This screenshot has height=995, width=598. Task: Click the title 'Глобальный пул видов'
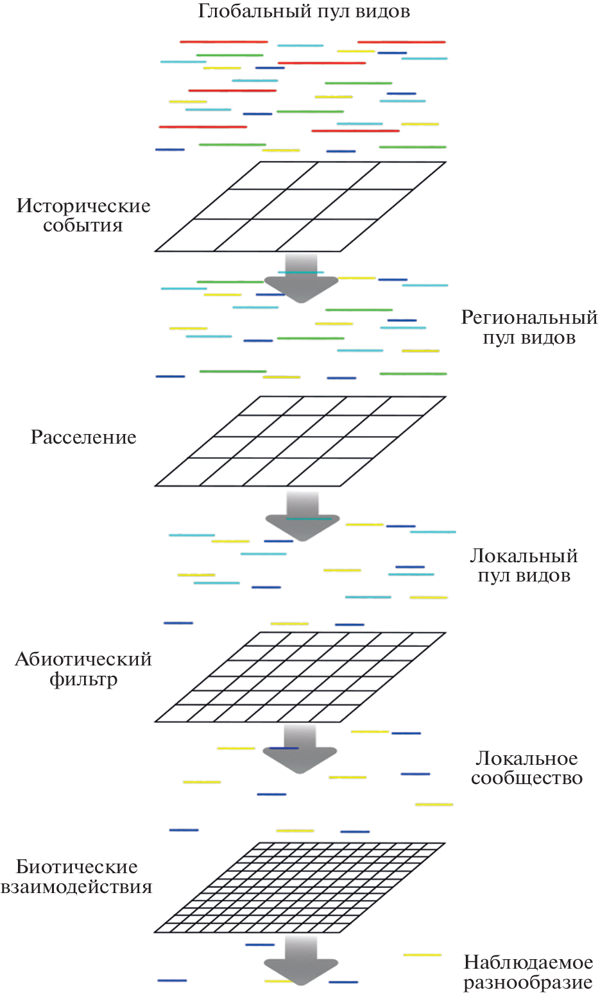point(303,12)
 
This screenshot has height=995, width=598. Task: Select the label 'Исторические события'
point(83,215)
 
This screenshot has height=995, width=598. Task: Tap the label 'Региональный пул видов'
point(529,327)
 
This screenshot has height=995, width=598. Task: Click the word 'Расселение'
point(83,437)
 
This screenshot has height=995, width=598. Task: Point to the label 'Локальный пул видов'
point(524,565)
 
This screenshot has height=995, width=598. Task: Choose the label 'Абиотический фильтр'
point(83,669)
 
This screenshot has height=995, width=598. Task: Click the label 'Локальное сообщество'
point(527,768)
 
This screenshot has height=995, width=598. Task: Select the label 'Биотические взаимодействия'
point(76,876)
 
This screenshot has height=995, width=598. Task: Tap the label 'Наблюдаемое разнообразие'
point(528,972)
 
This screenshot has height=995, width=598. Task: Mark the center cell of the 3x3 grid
point(300,205)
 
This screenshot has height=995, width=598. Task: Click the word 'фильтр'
point(83,679)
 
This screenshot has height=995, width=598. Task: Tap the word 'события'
point(83,226)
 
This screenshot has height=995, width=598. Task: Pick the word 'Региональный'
point(529,317)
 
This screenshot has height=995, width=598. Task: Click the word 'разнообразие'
point(528,982)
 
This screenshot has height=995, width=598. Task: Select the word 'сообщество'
point(527,778)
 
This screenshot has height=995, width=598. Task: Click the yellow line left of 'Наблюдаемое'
point(422,955)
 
